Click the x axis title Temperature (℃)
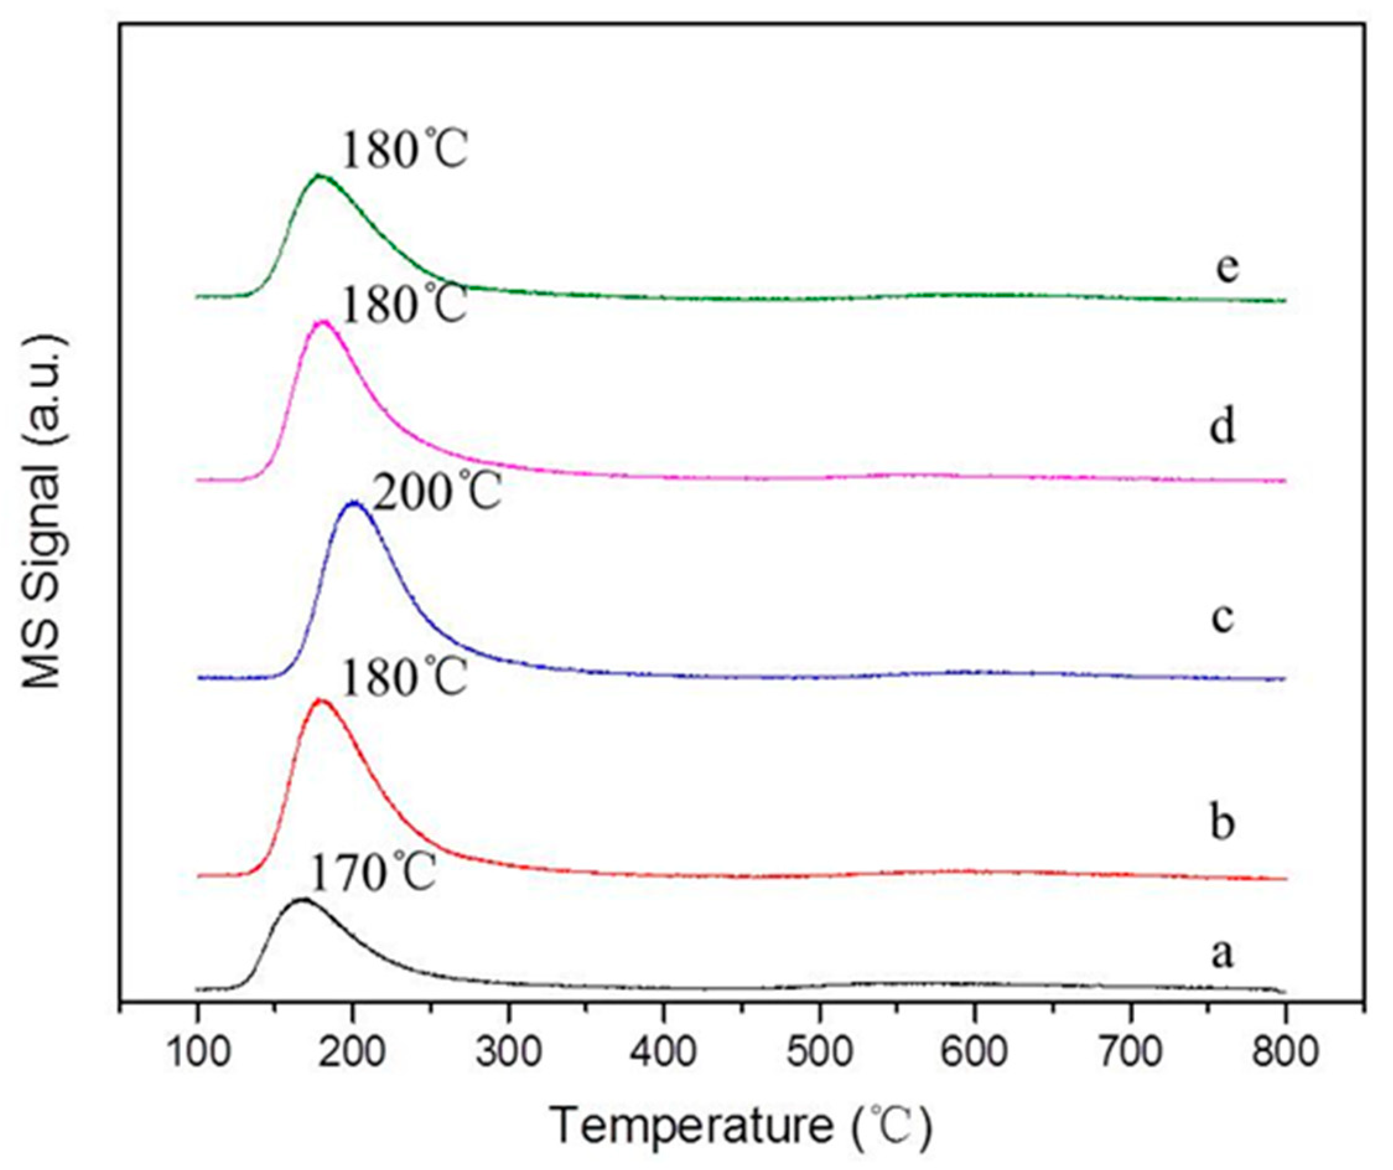point(741,1126)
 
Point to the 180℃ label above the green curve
point(404,150)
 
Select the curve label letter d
point(1223,425)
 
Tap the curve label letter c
point(1223,618)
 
